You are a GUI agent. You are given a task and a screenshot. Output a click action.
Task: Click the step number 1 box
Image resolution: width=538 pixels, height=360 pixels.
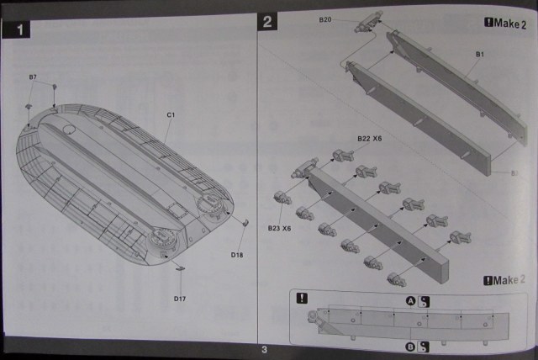[18, 32]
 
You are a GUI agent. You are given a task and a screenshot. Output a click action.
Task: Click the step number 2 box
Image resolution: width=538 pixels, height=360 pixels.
[267, 22]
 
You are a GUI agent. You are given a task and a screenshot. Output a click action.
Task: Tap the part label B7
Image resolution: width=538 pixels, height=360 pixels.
[33, 77]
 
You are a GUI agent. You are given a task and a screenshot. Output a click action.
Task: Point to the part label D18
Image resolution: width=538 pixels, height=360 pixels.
[236, 254]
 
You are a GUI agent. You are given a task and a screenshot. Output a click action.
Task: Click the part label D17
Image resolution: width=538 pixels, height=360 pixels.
[179, 299]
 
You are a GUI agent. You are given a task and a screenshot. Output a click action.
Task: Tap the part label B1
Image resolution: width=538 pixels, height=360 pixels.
[478, 55]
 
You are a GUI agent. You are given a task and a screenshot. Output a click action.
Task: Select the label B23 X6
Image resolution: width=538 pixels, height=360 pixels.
[280, 228]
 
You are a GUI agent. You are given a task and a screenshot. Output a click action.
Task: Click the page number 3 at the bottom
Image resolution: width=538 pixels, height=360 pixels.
[264, 350]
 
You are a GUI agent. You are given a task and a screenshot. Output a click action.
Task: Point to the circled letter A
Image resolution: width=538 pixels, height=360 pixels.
[411, 301]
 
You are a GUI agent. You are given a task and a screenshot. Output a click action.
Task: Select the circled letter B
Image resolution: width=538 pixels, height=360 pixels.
[410, 345]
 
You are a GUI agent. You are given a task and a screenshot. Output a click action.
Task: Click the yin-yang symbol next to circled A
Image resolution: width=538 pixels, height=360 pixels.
[425, 301]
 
